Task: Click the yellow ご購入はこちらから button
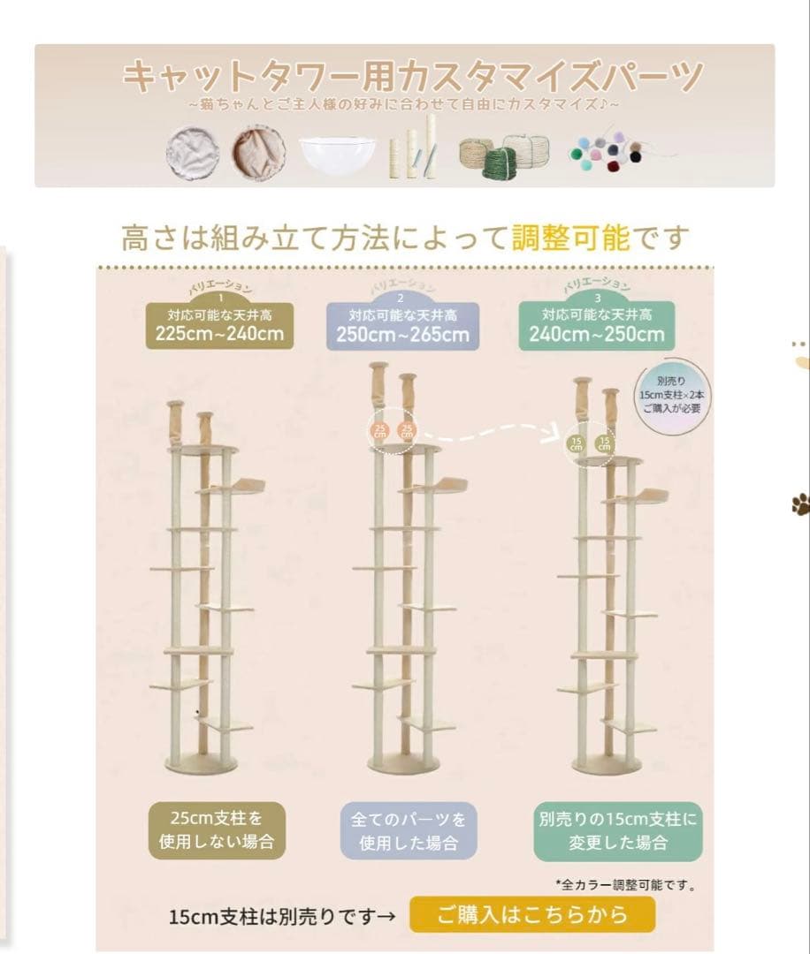click(531, 914)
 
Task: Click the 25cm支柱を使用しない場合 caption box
click(217, 831)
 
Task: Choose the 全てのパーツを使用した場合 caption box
click(409, 831)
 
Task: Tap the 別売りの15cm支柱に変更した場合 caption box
click(617, 831)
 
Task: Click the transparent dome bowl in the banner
click(340, 154)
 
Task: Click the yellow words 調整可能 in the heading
click(570, 237)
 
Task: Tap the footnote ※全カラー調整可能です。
click(625, 883)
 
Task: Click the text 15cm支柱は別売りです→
click(282, 916)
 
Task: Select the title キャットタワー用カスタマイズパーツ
click(413, 78)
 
